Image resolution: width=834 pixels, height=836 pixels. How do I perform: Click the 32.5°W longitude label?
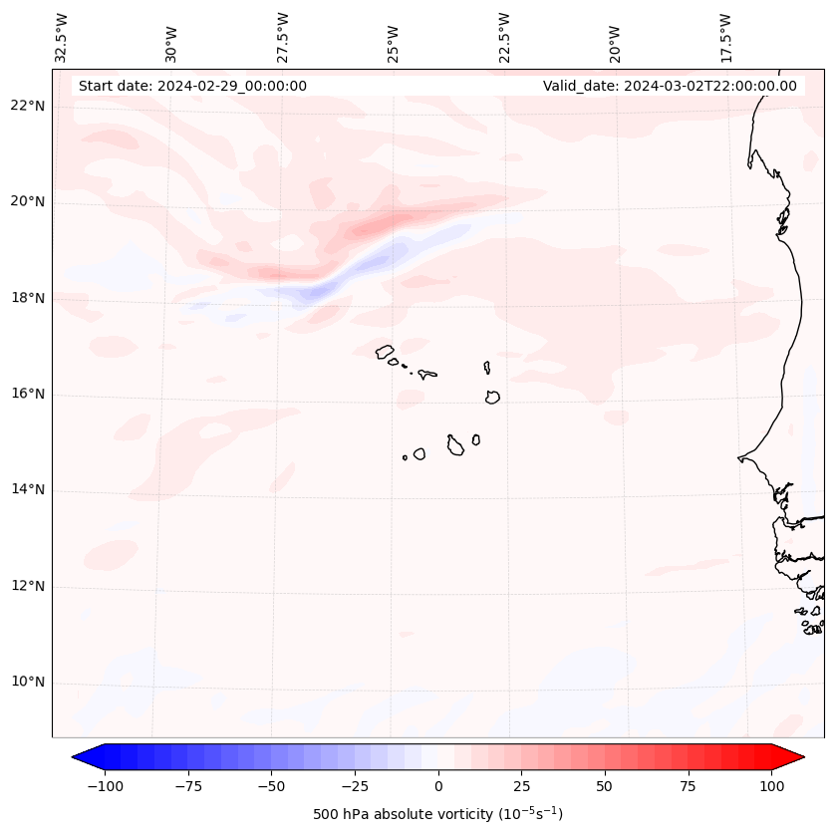62,37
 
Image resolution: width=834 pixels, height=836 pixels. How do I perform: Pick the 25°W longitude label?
395,37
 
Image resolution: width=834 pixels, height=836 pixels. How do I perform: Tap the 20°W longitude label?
615,37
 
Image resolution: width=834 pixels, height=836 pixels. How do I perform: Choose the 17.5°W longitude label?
725,37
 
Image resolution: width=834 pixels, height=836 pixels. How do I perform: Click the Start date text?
192,86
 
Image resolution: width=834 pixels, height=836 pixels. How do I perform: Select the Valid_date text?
670,86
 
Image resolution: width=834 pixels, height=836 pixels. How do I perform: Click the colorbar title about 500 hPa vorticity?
437,814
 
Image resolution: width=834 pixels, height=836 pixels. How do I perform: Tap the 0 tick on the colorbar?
437,786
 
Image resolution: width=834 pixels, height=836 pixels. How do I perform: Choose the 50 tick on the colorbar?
604,786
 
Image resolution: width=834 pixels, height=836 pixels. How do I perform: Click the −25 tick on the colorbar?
355,786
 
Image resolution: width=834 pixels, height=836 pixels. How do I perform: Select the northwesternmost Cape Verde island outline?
385,352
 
